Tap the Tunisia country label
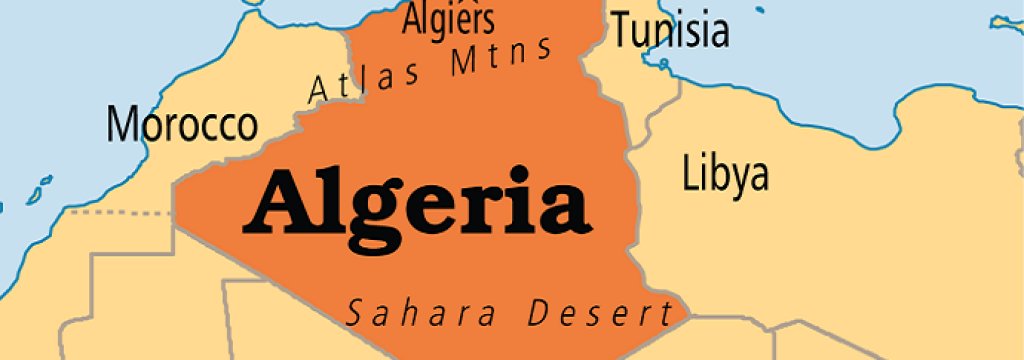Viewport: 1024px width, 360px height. tap(670, 31)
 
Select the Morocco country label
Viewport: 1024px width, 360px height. tap(182, 124)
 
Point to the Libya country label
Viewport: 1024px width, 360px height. tap(726, 173)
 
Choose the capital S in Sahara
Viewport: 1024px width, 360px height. tap(355, 314)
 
